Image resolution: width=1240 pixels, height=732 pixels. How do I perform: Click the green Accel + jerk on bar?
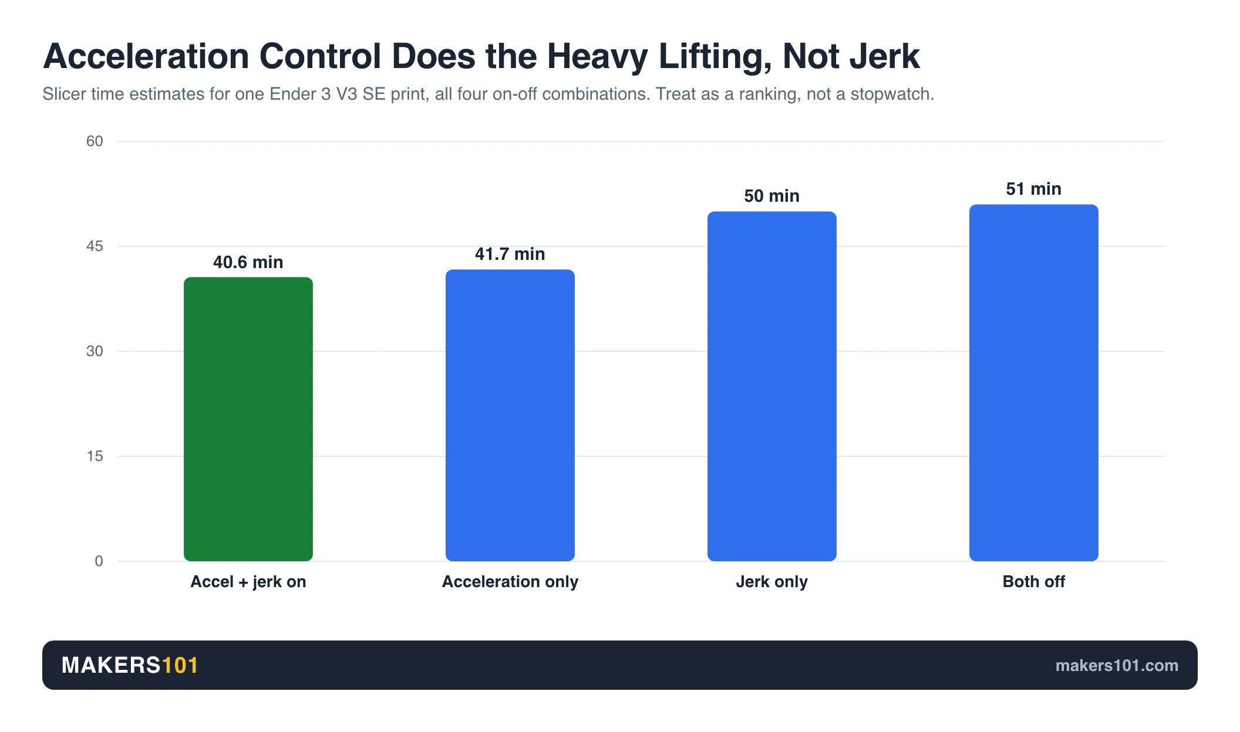point(248,419)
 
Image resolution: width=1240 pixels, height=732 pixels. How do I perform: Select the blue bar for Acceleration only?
point(510,415)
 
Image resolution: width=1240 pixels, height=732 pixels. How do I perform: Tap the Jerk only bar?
point(772,386)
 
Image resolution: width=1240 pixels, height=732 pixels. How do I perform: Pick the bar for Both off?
point(1034,382)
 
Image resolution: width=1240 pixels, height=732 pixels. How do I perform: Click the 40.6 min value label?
point(248,262)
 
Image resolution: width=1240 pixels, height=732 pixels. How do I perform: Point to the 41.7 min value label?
point(510,254)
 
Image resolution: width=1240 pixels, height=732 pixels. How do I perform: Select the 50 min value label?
point(772,196)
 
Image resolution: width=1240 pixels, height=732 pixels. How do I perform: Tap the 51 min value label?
point(1034,189)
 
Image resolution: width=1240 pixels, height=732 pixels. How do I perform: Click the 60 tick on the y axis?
point(95,141)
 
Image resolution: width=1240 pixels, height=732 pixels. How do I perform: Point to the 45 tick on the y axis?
point(95,246)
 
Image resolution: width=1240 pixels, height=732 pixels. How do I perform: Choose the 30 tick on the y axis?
point(95,351)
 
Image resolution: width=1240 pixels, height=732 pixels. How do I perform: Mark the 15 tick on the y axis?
point(95,456)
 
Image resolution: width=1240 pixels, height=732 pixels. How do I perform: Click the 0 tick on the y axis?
point(99,561)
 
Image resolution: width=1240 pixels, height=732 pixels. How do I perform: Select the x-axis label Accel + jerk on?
point(248,582)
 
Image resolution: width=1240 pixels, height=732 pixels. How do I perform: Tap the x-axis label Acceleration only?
point(510,582)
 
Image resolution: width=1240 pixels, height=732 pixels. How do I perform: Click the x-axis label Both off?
point(1034,582)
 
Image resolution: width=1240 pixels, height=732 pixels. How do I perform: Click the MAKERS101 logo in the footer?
point(130,665)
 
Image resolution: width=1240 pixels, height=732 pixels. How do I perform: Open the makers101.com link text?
point(1117,666)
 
